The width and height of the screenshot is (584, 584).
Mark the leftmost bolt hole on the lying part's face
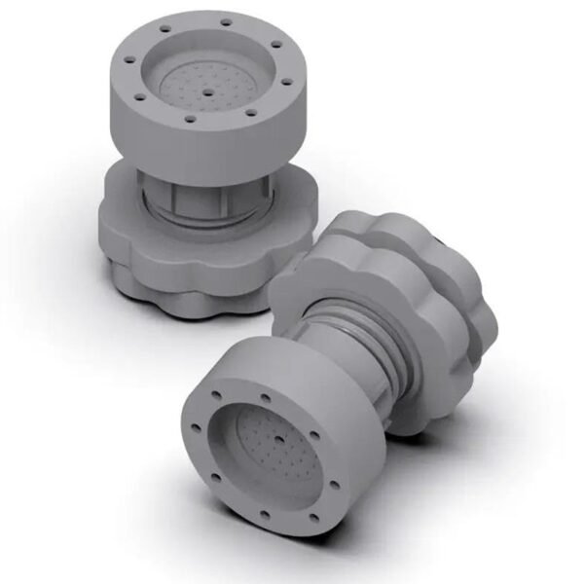[193, 427]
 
